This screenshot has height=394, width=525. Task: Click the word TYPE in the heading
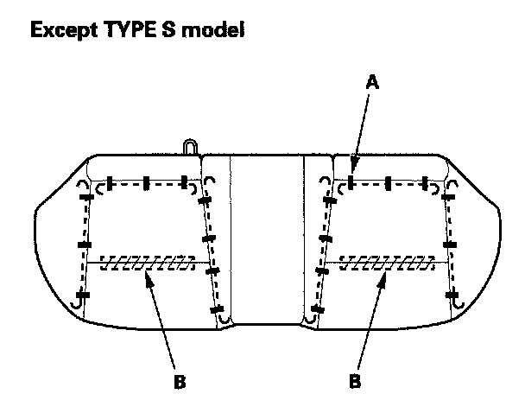point(122,32)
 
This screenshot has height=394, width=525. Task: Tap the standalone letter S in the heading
point(161,32)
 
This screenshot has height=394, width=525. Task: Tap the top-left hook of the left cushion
point(83,186)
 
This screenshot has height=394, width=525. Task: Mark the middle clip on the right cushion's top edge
point(389,182)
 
